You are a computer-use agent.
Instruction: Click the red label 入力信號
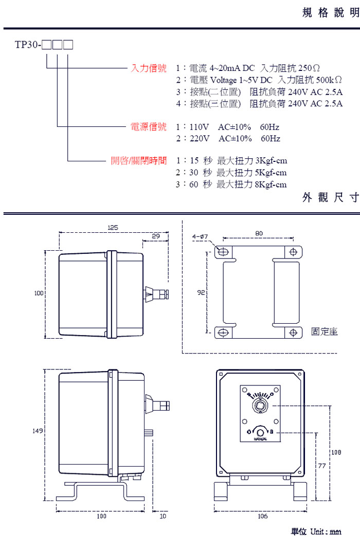coord(149,68)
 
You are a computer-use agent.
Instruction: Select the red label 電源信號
coord(149,126)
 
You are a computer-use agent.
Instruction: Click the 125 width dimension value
coord(113,227)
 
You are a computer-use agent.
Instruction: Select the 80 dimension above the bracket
coord(258,233)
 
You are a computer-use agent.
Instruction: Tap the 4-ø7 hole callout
coord(200,236)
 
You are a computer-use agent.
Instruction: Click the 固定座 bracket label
coord(325,331)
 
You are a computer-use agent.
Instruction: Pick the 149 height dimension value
coord(38,431)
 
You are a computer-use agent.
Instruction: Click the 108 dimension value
coord(335,453)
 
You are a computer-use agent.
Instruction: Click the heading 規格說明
coord(330,13)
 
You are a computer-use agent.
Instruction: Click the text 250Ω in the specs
coord(309,68)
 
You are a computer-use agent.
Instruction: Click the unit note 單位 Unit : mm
coord(316,531)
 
